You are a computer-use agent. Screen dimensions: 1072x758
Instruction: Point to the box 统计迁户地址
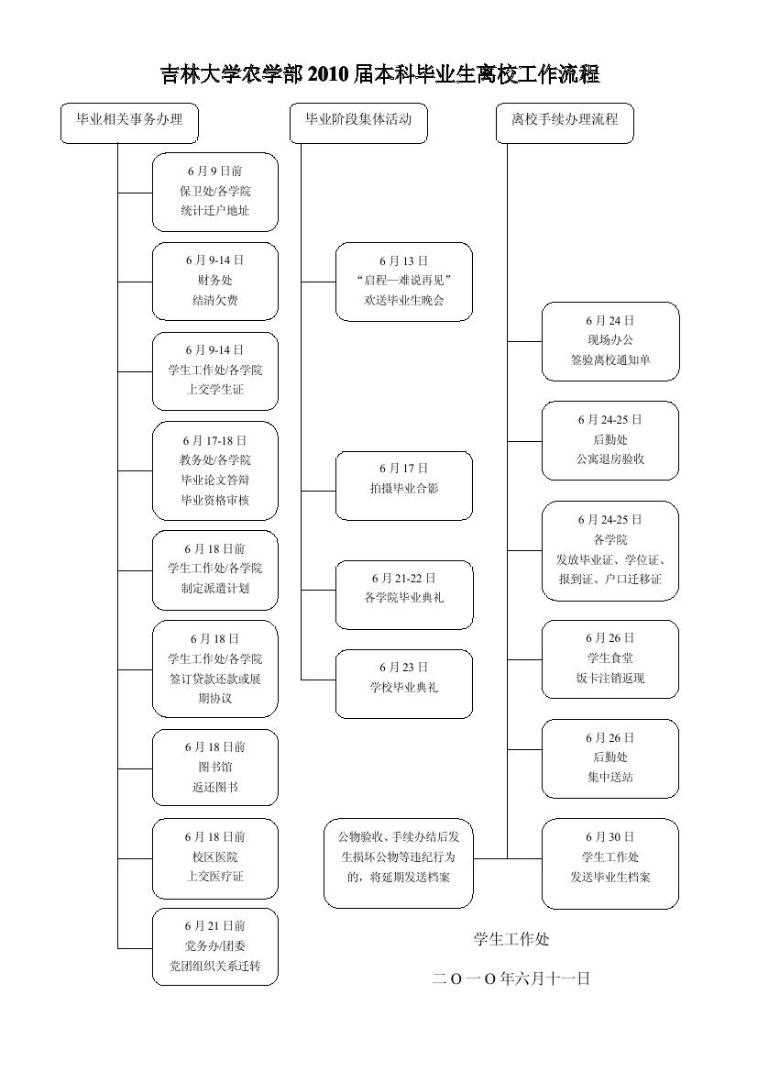(215, 192)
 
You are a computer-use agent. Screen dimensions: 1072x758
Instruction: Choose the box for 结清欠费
(215, 281)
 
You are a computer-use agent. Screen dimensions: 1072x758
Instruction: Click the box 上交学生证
(215, 370)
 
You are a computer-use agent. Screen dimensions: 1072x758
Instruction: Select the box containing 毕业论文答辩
(215, 470)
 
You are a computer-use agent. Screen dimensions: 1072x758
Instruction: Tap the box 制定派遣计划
(215, 569)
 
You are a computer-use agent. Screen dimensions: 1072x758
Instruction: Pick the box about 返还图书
(215, 768)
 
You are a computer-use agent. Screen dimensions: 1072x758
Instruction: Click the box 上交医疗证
(215, 856)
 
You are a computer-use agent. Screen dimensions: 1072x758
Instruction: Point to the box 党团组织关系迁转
(215, 946)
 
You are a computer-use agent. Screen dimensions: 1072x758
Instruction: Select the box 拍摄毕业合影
(404, 485)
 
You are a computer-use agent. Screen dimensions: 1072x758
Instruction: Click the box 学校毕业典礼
(404, 683)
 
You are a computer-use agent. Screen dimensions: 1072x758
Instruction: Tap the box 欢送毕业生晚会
(404, 282)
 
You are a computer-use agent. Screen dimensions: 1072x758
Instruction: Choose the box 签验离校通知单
(610, 341)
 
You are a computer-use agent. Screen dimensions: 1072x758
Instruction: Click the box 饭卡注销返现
(610, 658)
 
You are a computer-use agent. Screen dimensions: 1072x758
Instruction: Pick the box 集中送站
(610, 758)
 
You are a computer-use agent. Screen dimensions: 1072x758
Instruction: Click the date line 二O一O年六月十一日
(511, 978)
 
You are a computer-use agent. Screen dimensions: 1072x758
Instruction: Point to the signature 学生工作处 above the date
(511, 939)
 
